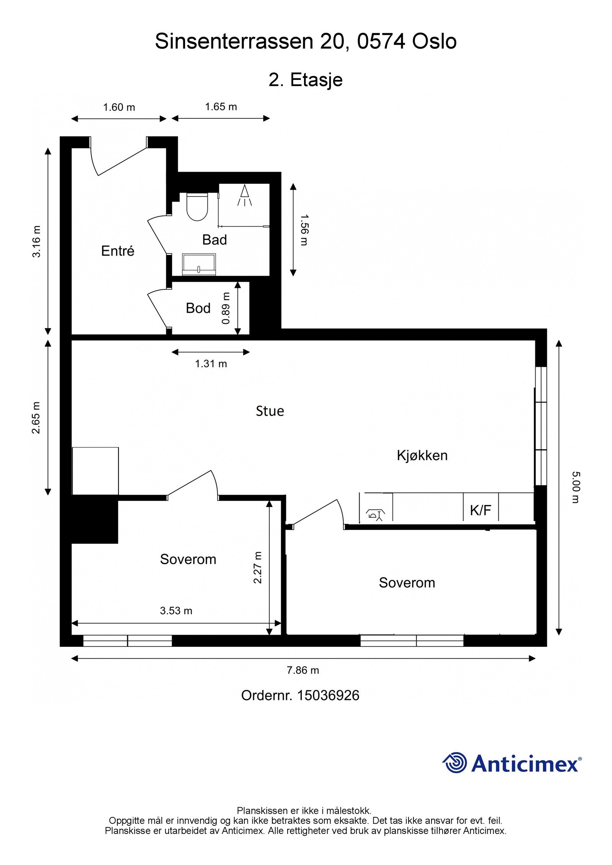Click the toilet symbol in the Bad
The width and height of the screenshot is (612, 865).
tap(197, 206)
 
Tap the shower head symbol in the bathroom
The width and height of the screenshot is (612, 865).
tap(244, 195)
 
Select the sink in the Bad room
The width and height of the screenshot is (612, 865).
tap(199, 264)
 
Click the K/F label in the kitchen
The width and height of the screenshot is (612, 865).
tap(480, 510)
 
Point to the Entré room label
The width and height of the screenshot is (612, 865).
tap(118, 251)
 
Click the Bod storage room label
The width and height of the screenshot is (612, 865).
tap(198, 308)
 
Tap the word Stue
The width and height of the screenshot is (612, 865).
tap(270, 411)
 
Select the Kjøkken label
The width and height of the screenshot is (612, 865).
tap(422, 455)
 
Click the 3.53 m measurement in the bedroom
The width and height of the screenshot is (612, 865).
tap(176, 610)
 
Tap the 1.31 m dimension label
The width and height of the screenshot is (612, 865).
tap(211, 364)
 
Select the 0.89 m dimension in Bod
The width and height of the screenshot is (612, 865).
tap(226, 308)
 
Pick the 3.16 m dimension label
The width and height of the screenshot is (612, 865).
tap(36, 242)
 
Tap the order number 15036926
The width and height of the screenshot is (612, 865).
tap(328, 695)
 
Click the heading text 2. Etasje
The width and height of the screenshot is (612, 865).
tap(305, 80)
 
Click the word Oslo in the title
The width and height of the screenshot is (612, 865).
tap(434, 41)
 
